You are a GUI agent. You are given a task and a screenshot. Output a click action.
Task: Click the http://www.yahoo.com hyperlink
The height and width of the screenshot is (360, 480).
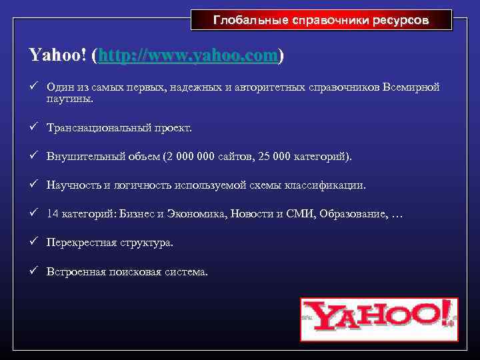pos(187,56)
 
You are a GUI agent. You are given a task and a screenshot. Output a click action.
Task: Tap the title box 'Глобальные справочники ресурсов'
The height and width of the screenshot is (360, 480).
pos(321,20)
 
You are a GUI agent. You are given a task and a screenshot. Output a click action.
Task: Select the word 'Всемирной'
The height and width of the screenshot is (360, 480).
pos(411,87)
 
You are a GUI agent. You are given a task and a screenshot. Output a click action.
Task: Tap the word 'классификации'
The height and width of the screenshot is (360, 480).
pos(330,185)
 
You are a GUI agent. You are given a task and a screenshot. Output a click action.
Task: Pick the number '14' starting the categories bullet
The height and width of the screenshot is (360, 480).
pos(53,214)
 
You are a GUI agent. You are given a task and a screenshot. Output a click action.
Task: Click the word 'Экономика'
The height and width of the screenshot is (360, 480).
pos(198,214)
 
